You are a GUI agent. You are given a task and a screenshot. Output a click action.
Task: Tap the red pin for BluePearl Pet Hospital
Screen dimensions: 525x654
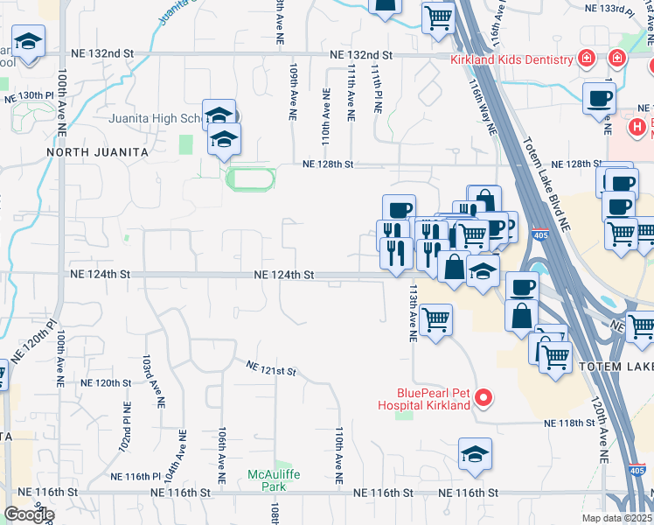click(482, 400)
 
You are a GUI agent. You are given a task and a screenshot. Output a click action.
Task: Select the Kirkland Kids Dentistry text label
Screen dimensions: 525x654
click(511, 60)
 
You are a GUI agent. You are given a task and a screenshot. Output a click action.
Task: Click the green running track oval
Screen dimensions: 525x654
click(250, 178)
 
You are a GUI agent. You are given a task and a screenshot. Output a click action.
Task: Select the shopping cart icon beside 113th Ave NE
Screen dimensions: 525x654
click(435, 318)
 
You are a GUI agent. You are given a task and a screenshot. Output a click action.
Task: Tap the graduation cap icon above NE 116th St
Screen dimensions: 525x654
click(475, 454)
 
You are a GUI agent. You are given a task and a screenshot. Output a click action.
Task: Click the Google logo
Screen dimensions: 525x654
click(29, 514)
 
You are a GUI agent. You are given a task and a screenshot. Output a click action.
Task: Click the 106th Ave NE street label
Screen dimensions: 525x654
click(223, 456)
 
